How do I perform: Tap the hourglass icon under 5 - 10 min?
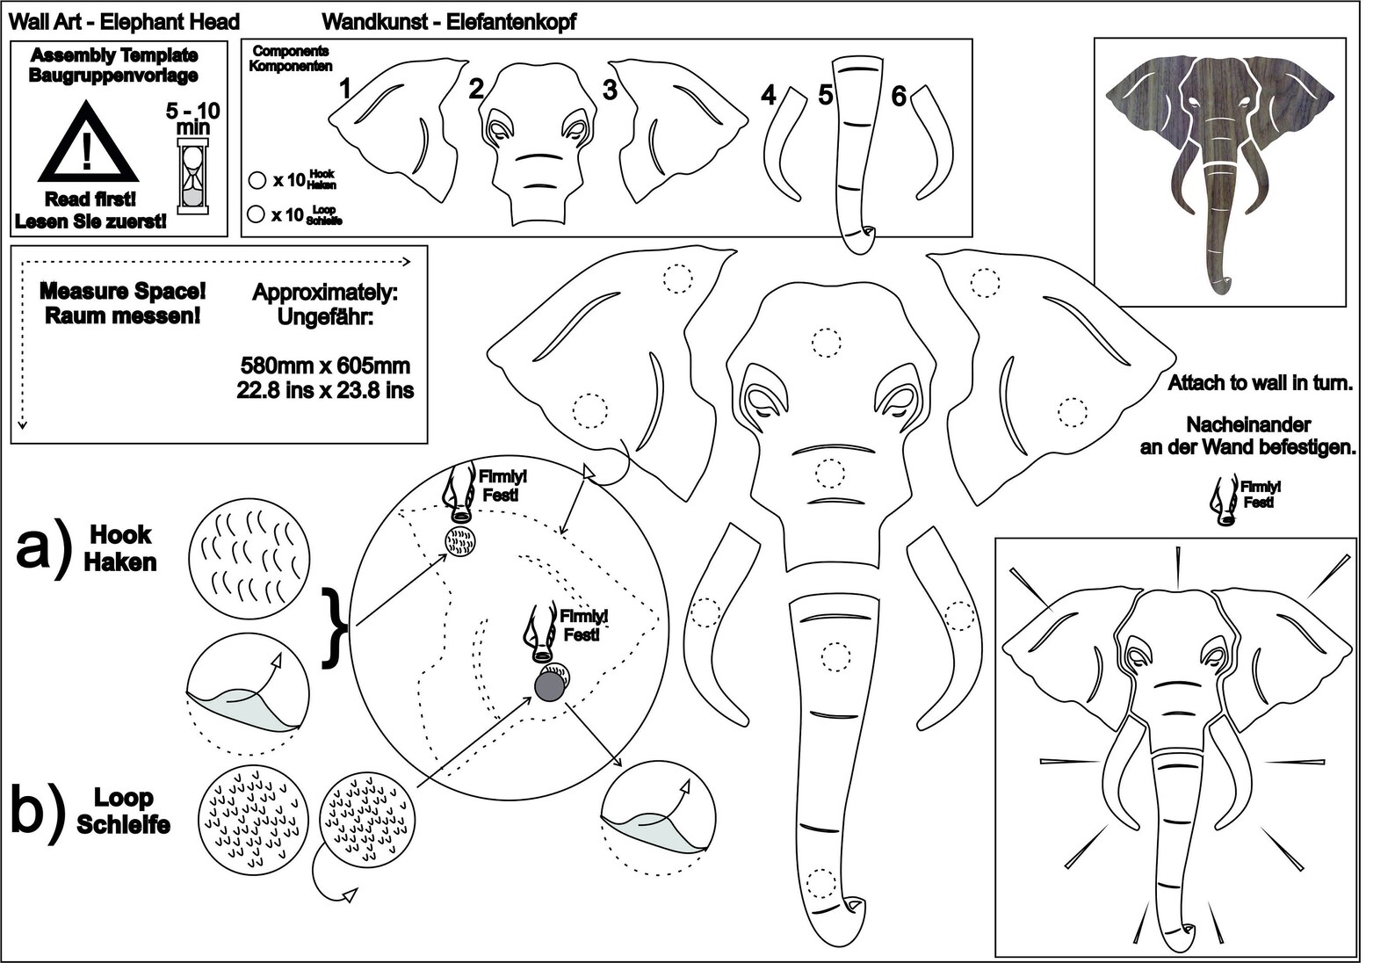click(193, 177)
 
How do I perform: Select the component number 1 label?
click(344, 90)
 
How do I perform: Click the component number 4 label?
click(769, 95)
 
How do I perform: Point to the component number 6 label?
click(899, 96)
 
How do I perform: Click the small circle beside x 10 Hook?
click(257, 180)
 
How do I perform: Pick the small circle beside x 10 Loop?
click(256, 214)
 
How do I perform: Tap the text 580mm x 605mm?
click(325, 365)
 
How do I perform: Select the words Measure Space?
click(123, 291)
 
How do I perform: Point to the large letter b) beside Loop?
click(39, 811)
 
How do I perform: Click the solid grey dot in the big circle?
click(549, 686)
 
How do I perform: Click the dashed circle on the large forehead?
click(827, 342)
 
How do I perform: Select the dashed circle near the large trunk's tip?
click(820, 883)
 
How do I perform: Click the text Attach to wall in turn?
click(1261, 382)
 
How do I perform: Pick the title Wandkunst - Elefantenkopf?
click(449, 22)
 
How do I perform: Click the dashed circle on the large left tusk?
click(705, 612)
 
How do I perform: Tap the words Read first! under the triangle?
click(90, 199)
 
